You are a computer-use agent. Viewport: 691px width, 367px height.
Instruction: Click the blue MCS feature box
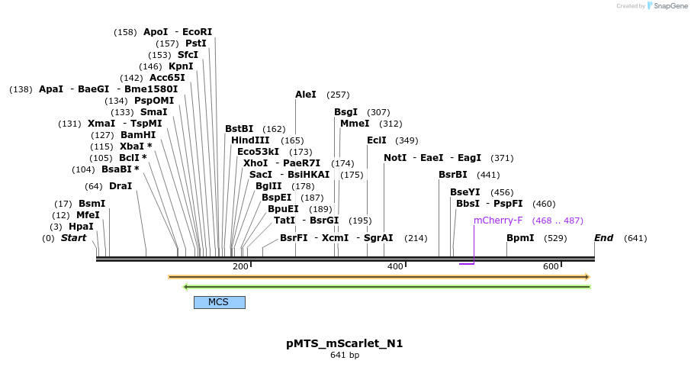point(219,302)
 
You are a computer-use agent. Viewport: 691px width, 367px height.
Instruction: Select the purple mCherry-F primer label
point(498,221)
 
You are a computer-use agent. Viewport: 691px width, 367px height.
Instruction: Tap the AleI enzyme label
point(305,95)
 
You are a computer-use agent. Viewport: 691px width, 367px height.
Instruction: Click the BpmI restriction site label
point(520,238)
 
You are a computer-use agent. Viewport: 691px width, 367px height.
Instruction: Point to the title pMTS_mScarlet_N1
point(344,343)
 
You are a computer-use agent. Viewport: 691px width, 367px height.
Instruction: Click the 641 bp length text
point(344,356)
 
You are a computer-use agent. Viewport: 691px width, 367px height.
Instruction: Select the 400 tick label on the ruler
point(395,266)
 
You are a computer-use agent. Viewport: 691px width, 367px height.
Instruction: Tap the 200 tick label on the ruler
point(240,266)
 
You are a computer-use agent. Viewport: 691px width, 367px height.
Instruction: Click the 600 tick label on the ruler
point(551,266)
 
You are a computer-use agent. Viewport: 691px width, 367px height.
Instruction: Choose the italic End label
point(603,238)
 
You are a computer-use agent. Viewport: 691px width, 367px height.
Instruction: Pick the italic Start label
point(73,238)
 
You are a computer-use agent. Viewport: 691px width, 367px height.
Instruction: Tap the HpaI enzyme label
point(81,227)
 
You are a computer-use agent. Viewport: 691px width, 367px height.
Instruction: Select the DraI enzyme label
point(121,186)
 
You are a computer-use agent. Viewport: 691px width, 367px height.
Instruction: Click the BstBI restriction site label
point(239,129)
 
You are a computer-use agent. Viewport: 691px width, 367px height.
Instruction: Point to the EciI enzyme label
point(377,140)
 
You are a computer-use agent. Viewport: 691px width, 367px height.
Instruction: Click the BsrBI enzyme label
point(453,175)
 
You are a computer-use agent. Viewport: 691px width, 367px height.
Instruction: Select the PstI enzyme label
point(196,43)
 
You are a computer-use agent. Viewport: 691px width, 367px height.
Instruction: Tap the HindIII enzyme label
point(250,140)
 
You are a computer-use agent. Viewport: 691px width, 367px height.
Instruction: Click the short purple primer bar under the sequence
point(467,264)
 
